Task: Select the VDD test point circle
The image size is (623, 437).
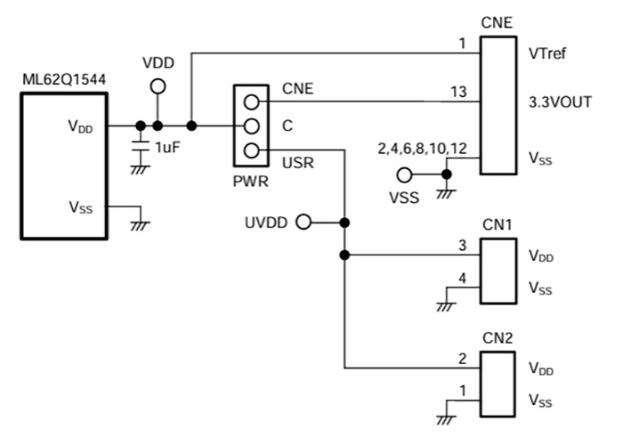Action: [x=158, y=86]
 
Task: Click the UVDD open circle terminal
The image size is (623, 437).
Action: [x=303, y=222]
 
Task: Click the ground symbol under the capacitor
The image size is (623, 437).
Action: [x=140, y=167]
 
